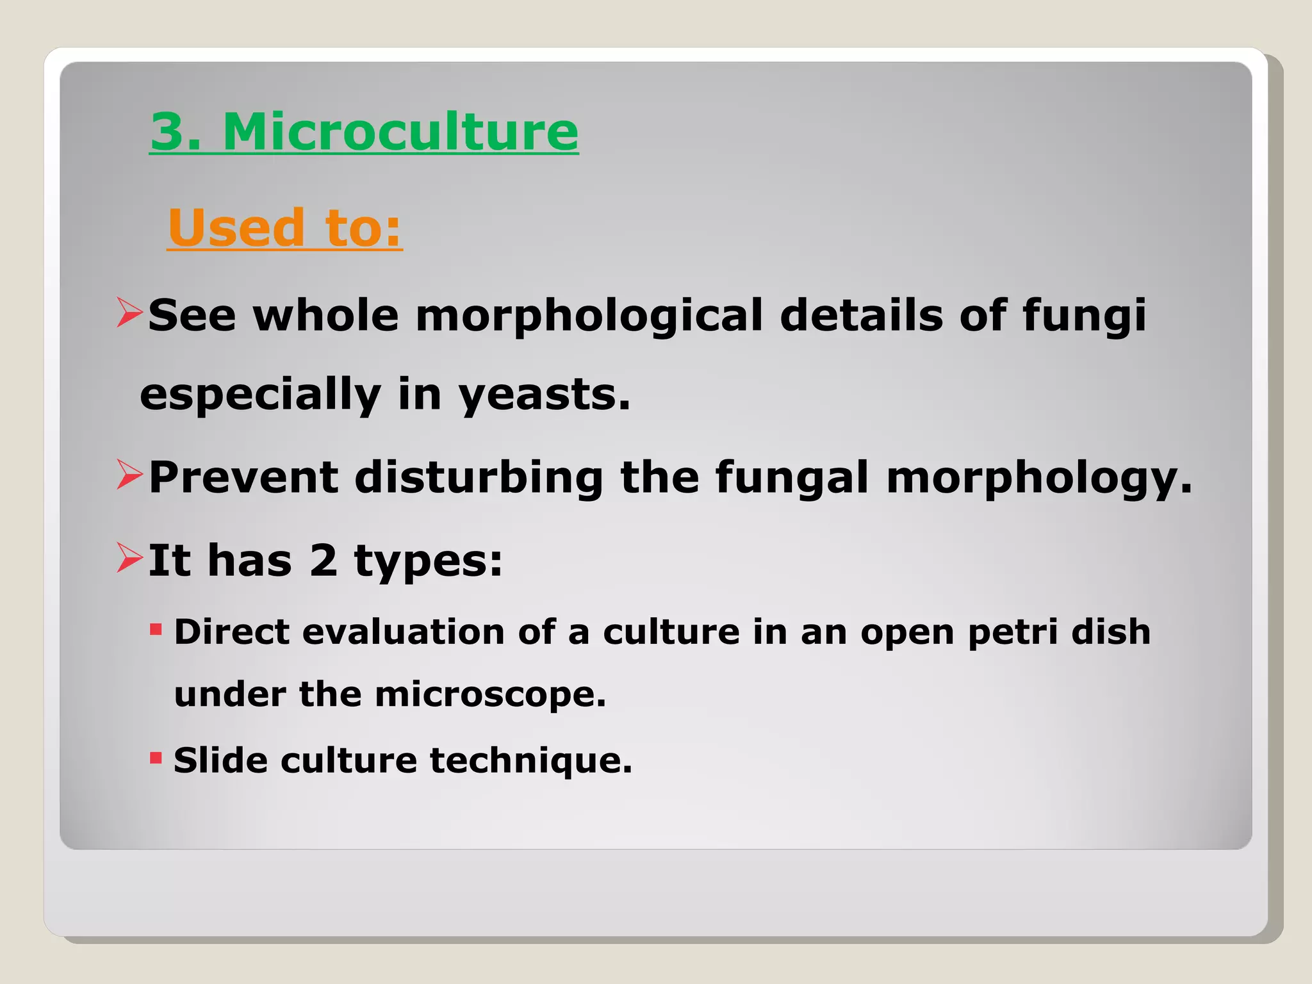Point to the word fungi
click(1084, 316)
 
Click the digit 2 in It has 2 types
click(324, 561)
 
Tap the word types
click(428, 562)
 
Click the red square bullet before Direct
click(156, 630)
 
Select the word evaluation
click(404, 632)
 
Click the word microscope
click(490, 694)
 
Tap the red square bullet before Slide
click(156, 758)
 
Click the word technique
click(530, 761)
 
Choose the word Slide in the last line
click(220, 760)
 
